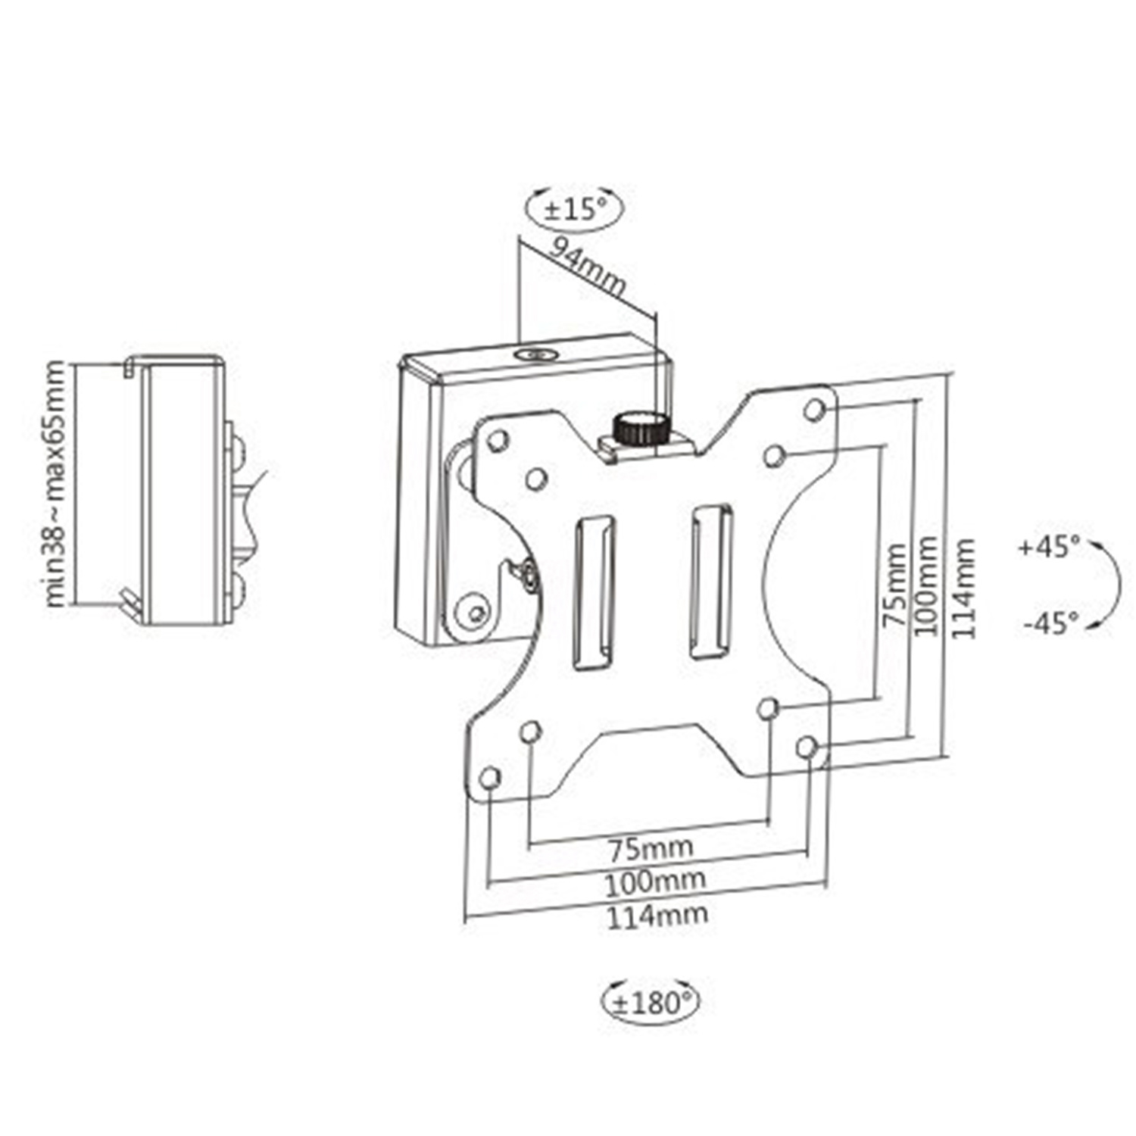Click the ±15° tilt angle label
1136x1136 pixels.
point(576,209)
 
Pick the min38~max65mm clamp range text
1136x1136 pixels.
point(55,484)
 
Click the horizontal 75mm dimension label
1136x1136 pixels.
point(651,847)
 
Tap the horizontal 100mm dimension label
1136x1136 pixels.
point(655,880)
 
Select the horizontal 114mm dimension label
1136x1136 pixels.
point(657,915)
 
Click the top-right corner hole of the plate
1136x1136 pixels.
point(815,410)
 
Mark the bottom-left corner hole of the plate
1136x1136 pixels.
point(491,778)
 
